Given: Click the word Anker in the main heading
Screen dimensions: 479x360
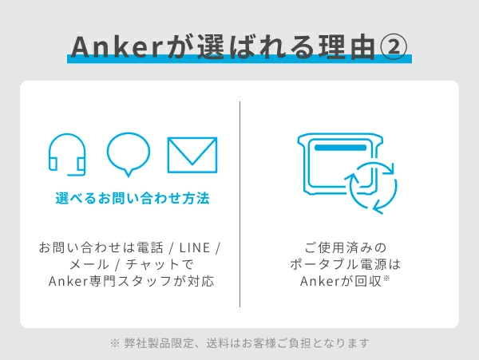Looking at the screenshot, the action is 117,47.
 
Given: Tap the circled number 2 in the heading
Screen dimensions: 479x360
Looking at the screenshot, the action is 394,47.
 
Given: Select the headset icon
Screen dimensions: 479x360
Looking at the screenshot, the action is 67,155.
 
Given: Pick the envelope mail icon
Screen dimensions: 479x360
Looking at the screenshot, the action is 192,155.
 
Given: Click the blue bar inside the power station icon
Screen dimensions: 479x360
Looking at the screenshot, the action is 340,148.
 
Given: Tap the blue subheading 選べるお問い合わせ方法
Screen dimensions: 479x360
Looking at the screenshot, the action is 133,198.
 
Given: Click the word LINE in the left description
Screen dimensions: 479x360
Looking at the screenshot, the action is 195,247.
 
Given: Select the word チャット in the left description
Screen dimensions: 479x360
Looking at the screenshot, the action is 152,264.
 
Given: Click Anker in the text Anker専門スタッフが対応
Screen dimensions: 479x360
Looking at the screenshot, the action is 68,281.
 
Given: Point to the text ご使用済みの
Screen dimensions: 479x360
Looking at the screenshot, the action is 346,247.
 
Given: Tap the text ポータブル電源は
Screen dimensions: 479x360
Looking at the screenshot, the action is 346,264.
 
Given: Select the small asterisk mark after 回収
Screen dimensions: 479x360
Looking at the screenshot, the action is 386,278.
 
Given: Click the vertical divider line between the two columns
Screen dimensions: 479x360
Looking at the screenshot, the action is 239,204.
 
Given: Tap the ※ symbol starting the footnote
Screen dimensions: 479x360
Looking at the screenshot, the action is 114,343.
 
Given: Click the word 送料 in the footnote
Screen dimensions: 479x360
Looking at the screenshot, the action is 217,343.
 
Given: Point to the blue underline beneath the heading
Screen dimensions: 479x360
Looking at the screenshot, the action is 239,59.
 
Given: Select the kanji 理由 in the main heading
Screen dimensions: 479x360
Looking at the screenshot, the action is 346,47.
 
